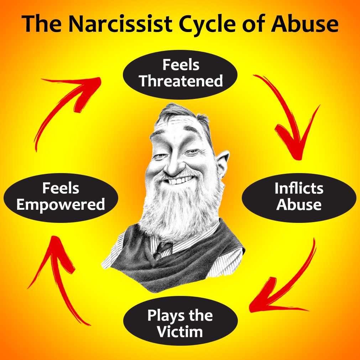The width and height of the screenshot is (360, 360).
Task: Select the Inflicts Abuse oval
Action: pos(299,197)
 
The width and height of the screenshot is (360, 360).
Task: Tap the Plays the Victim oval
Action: pos(180,324)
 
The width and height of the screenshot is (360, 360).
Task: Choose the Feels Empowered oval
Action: pos(61,197)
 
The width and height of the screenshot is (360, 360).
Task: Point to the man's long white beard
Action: pos(178,210)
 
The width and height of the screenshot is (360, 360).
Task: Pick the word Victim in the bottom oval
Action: pos(180,332)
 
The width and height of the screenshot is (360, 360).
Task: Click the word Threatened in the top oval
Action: pos(181,81)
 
